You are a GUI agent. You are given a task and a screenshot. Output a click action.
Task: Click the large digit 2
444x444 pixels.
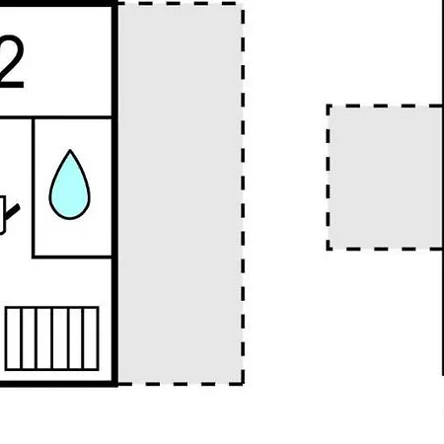[x=12, y=62]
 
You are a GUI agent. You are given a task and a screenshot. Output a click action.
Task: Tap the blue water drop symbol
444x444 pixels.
[x=69, y=185]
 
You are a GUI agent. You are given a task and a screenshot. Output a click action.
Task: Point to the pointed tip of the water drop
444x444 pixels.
[x=70, y=150]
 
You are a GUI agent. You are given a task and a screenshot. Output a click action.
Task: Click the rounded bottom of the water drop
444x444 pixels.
[x=69, y=218]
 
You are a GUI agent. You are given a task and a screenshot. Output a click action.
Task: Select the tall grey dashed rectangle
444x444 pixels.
[x=181, y=193]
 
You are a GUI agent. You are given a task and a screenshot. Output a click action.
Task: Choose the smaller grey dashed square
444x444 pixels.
[x=385, y=178]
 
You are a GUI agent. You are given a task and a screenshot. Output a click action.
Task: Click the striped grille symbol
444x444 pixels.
[x=52, y=338]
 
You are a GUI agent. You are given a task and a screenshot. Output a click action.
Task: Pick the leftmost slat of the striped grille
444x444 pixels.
[x=14, y=338]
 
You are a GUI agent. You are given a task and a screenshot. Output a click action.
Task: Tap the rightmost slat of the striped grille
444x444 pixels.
[x=91, y=338]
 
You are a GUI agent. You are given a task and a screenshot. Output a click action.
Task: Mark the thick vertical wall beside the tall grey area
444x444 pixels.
[x=114, y=193]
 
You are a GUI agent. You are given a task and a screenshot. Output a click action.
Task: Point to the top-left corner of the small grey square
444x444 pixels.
[x=328, y=106]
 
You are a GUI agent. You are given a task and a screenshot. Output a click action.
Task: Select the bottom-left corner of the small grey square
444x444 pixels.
[x=328, y=249]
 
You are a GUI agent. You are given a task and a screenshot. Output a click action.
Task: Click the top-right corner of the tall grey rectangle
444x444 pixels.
[x=243, y=3]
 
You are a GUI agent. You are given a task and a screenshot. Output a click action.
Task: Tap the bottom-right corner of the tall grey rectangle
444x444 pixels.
[x=243, y=384]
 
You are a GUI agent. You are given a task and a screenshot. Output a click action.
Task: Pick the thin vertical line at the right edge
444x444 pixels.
[x=443, y=187]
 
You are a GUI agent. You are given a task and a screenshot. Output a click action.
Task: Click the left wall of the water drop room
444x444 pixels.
[x=34, y=187]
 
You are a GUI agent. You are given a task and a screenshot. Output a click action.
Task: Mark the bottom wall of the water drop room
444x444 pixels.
[x=72, y=257]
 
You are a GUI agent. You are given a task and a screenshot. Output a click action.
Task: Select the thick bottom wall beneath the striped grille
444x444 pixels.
[x=58, y=384]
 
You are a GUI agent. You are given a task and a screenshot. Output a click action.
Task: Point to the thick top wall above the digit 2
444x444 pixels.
[x=58, y=3]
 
